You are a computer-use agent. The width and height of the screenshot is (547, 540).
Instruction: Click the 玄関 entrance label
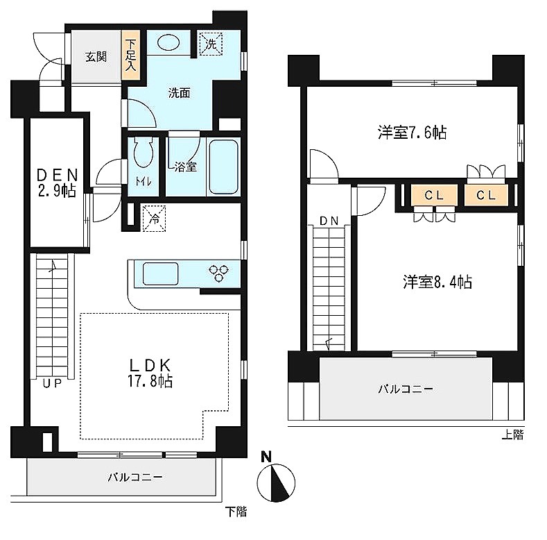pyautogui.click(x=96, y=57)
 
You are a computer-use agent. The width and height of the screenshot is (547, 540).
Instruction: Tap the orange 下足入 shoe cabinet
pyautogui.click(x=130, y=57)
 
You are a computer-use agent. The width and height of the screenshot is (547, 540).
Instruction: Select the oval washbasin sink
pyautogui.click(x=168, y=42)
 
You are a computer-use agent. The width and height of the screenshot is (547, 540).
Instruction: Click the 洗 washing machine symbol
pyautogui.click(x=210, y=44)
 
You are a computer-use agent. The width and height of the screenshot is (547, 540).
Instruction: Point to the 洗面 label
pyautogui.click(x=180, y=93)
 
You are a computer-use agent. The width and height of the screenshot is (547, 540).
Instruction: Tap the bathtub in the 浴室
pyautogui.click(x=223, y=167)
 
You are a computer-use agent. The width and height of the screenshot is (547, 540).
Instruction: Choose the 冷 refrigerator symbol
pyautogui.click(x=154, y=219)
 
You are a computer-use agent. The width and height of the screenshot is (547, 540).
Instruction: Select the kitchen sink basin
pyautogui.click(x=160, y=274)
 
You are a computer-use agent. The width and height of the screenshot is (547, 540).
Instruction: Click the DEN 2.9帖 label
pyautogui.click(x=57, y=183)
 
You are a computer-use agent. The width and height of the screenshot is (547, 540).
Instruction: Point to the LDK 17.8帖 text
pyautogui.click(x=150, y=373)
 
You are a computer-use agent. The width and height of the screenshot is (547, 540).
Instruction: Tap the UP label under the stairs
pyautogui.click(x=52, y=384)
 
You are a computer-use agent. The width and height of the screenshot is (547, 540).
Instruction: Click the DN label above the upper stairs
pyautogui.click(x=329, y=221)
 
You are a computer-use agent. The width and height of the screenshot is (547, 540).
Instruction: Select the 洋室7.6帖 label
pyautogui.click(x=412, y=133)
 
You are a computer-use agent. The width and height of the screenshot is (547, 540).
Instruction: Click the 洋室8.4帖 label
pyautogui.click(x=437, y=282)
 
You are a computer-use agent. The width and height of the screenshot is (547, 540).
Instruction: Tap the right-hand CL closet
pyautogui.click(x=486, y=195)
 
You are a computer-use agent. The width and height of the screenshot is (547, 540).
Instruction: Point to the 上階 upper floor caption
pyautogui.click(x=513, y=435)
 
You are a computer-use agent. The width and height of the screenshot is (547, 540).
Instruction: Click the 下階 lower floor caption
pyautogui.click(x=236, y=512)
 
